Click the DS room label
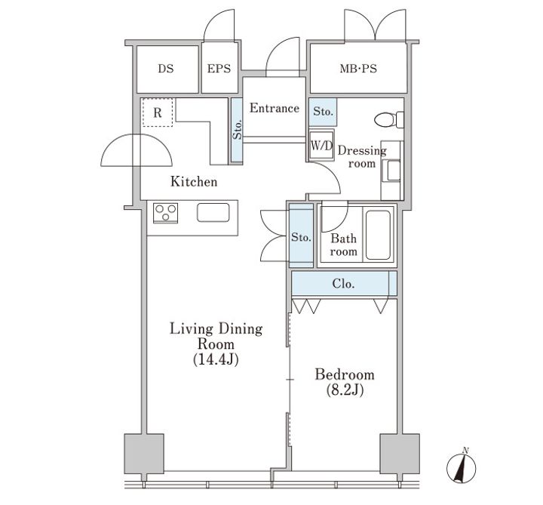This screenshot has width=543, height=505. pos(165,69)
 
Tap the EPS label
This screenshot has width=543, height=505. pos(219,69)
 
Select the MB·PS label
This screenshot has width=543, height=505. pos(358,69)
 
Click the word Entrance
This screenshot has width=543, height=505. pos(275,108)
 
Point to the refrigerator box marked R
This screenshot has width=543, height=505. pos(158,112)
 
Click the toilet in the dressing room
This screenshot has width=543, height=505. pos(389,119)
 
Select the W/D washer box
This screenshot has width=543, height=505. pos(321,145)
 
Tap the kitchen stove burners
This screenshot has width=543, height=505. pos(165,213)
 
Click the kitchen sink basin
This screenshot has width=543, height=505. pos(213,212)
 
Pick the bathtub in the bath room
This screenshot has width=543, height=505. pos(378,235)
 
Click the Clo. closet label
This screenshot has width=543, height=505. pos(343,284)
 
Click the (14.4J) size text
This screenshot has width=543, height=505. pos(216,359)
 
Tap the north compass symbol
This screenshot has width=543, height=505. pos(462,467)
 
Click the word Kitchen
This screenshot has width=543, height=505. pos(194,182)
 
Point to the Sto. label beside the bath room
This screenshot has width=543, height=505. pos(301,237)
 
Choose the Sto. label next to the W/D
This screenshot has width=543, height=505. pos(323,111)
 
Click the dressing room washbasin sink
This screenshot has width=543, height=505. pos(394,170)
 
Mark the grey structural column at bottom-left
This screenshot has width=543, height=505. pos(144,454)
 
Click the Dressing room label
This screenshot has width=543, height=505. pos(362,157)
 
